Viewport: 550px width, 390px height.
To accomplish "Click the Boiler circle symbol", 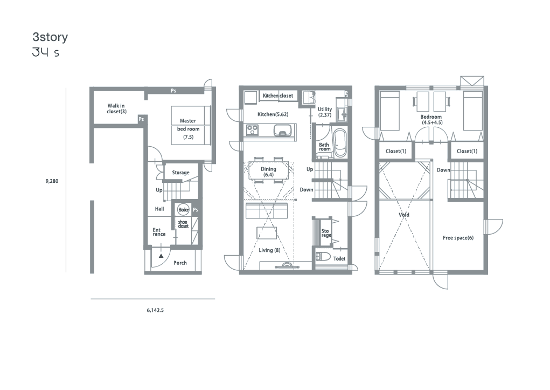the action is (184, 210).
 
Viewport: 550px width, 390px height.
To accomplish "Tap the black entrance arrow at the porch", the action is (161, 256).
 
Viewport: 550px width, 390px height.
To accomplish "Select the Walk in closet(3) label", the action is (116, 108).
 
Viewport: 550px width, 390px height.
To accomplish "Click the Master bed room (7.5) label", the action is (189, 128).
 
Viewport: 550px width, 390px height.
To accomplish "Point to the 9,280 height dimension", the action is (52, 181).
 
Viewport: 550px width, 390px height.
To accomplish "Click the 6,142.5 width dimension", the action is (155, 310).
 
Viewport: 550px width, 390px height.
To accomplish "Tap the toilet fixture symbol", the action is (322, 256).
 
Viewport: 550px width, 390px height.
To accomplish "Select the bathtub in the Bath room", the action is (339, 143).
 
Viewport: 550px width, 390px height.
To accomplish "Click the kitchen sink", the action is (282, 131).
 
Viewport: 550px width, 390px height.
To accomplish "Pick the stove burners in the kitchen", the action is (253, 130).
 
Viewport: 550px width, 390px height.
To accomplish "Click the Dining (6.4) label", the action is (268, 172).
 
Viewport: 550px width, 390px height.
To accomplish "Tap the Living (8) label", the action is (269, 250).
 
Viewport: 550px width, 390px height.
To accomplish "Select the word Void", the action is (403, 215).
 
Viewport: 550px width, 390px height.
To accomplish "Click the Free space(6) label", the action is (458, 238).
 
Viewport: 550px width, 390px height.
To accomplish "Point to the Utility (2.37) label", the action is (325, 112).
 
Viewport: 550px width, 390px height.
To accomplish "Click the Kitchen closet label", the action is (278, 95).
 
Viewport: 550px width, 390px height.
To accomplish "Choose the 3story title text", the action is (50, 37).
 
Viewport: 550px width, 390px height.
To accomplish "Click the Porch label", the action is (180, 263).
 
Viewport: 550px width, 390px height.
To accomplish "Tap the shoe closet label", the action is (183, 224).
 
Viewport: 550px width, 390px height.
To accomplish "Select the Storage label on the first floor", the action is (180, 173).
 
